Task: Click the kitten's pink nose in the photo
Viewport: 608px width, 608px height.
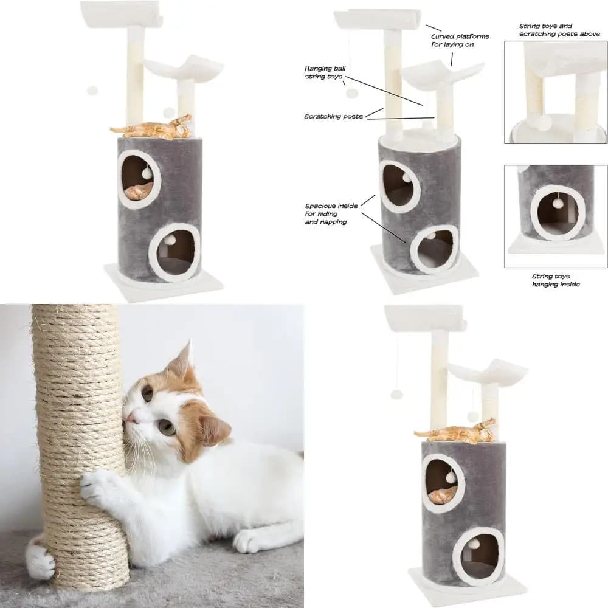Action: click(x=131, y=418)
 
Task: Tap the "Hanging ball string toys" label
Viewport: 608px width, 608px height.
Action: click(x=325, y=72)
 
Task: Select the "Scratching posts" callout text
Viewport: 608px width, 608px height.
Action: click(x=333, y=116)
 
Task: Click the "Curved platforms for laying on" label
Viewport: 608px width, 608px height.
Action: click(x=460, y=40)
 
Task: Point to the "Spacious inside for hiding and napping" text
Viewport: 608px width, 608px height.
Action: click(x=331, y=213)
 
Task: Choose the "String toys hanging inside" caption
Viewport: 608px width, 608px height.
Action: click(x=556, y=280)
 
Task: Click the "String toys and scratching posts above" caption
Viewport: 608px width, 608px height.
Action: click(x=559, y=30)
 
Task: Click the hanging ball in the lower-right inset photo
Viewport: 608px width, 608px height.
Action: click(x=558, y=204)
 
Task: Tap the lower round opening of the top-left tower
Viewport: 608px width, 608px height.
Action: click(x=174, y=252)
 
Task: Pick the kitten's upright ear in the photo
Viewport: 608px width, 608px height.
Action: click(x=182, y=361)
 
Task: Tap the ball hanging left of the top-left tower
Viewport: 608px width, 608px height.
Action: click(x=92, y=91)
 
